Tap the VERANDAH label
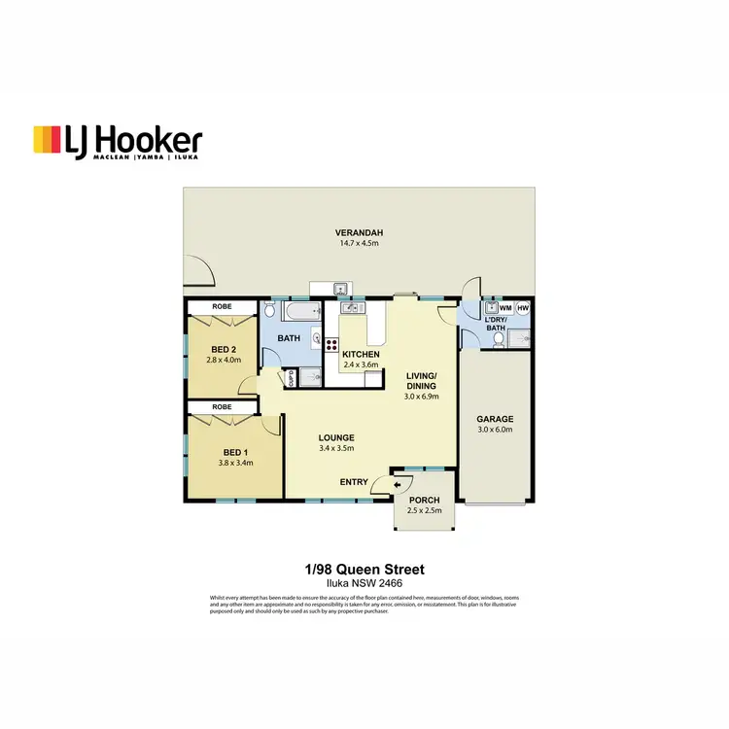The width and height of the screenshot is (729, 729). pos(359,233)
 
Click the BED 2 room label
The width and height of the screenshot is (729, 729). pos(221,350)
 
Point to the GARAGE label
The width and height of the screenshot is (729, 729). pos(495,420)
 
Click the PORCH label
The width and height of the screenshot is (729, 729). pos(424,501)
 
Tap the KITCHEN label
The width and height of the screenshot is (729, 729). pos(361,355)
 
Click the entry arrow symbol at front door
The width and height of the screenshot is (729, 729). pos(399,482)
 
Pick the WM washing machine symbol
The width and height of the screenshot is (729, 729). pos(505,308)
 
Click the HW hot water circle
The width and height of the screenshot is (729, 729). pos(523,308)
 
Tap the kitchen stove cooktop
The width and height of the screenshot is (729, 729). pos(330,344)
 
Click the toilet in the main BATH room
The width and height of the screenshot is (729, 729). pos(269,310)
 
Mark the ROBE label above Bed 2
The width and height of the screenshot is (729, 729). pos(222,307)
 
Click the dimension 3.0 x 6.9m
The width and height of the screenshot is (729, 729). pos(422,397)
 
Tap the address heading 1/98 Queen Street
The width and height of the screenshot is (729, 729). pos(364,569)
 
